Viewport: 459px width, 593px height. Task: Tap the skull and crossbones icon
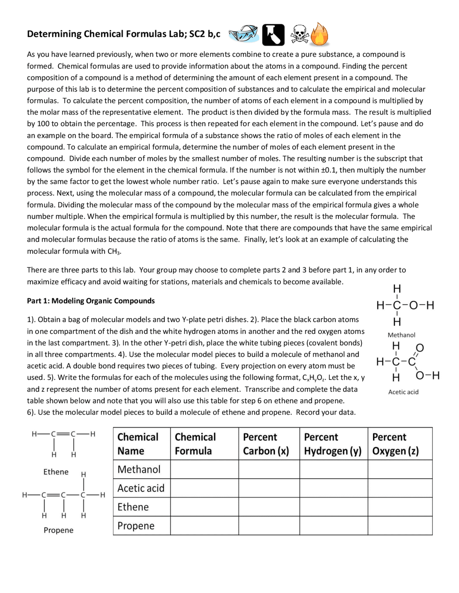click(x=299, y=35)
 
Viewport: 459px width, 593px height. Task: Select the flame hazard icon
click(x=319, y=35)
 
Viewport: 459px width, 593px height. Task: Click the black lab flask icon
click(x=273, y=35)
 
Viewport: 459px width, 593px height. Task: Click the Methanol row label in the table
click(x=139, y=469)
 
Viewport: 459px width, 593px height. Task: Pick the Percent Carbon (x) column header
click(x=266, y=444)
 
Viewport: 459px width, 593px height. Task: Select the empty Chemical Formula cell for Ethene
click(x=204, y=507)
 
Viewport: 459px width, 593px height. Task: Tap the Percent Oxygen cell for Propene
click(x=400, y=526)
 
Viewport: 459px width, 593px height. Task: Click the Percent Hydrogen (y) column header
click(x=332, y=444)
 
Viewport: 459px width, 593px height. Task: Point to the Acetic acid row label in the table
click(x=141, y=488)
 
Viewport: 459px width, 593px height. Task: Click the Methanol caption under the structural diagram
click(x=401, y=335)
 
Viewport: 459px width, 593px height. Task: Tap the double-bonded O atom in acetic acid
click(x=420, y=347)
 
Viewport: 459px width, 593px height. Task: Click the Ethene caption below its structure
click(x=56, y=472)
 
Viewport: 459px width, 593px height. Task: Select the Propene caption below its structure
click(x=58, y=530)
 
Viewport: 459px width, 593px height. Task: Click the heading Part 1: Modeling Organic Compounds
click(x=91, y=301)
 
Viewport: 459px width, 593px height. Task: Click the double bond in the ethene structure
click(x=63, y=434)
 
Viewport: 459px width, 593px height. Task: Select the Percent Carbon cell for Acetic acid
click(x=269, y=488)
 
